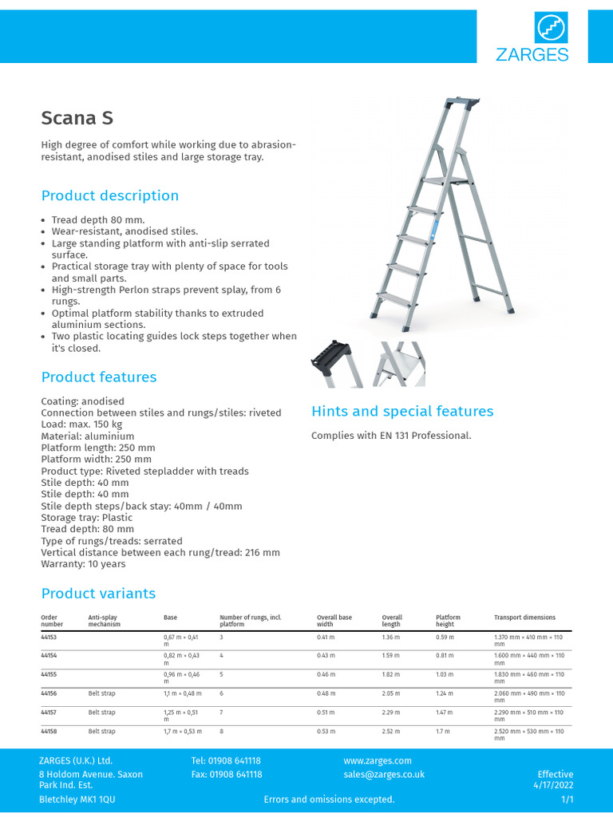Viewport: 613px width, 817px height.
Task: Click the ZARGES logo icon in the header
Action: (551, 30)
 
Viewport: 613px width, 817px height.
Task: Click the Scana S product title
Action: (77, 118)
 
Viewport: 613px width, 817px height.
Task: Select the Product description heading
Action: (110, 195)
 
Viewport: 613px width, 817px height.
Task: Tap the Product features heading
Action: (99, 377)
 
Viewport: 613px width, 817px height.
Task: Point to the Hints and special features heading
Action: (402, 411)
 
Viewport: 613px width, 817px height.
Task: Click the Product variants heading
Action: (98, 593)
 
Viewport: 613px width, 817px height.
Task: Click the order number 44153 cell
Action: (49, 637)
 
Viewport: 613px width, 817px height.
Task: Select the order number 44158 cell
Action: (49, 731)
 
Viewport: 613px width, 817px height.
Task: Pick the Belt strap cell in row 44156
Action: (101, 693)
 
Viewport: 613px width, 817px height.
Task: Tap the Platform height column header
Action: (448, 621)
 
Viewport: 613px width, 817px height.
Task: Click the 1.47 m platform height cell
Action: (445, 712)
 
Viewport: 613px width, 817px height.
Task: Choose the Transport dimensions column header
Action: (524, 618)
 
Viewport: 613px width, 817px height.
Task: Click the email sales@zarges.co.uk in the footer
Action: (384, 774)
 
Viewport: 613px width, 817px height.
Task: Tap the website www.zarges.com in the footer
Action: (378, 760)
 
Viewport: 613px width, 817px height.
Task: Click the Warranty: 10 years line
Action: (83, 564)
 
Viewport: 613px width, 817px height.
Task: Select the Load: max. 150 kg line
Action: (88, 424)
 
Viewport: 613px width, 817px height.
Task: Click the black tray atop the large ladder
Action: (462, 104)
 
